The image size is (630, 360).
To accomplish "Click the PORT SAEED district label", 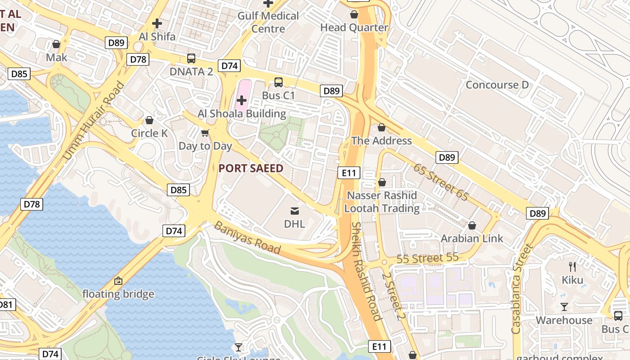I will [251, 169].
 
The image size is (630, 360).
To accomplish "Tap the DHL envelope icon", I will [294, 210].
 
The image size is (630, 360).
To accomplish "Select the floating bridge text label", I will [118, 294].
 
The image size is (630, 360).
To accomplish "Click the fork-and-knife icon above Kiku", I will [572, 266].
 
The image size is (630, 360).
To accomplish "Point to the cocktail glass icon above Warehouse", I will [564, 307].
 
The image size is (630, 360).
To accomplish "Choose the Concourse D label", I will [497, 85].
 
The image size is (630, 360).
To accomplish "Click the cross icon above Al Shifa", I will [157, 23].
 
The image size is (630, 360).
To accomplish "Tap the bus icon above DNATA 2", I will [191, 58].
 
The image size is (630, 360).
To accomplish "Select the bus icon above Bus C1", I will [279, 82].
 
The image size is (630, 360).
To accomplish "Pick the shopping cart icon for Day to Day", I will [205, 133].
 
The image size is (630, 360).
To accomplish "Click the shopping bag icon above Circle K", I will [149, 120].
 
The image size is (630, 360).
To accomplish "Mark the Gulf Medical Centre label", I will [268, 22].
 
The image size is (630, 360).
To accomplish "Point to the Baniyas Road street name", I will [247, 238].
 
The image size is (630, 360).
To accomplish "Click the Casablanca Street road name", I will [522, 288].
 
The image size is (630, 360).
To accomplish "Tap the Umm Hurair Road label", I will [94, 121].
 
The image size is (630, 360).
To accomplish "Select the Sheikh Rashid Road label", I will [366, 271].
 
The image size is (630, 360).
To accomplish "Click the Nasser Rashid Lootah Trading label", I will [382, 202].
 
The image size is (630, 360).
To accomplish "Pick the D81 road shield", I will [5, 305].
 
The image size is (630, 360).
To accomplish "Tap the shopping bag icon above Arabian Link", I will [472, 225].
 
